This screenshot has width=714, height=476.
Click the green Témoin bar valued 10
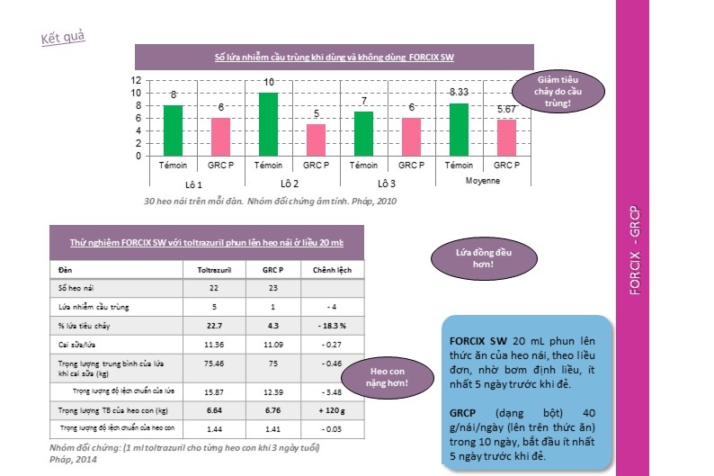[x=269, y=123]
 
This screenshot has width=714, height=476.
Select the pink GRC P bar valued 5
[x=316, y=139]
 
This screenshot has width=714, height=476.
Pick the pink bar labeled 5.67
[x=506, y=137]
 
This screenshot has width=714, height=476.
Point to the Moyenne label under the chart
[x=482, y=181]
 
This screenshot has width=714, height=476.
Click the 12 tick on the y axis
[x=136, y=79]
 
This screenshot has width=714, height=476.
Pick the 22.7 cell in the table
[x=214, y=326]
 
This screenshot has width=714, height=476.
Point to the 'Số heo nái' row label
[x=76, y=287]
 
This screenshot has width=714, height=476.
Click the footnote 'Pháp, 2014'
[x=74, y=460]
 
